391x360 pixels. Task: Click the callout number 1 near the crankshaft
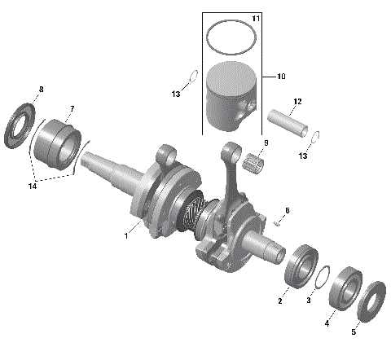pos(126,235)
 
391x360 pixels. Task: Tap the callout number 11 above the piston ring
pos(256,18)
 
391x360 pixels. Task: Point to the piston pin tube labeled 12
pos(289,119)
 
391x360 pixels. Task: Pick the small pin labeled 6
pos(279,218)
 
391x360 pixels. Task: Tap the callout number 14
pos(33,187)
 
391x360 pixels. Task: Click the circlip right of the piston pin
pos(320,136)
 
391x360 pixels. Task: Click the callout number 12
pos(297,101)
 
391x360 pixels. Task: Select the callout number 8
pos(41,89)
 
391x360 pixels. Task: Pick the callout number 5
pos(353,331)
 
